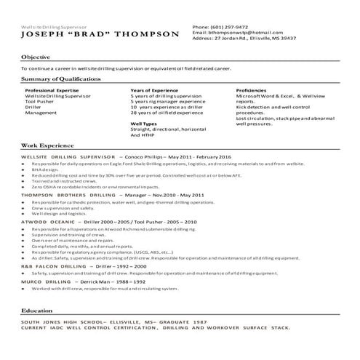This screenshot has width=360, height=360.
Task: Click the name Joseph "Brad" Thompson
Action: click(x=100, y=34)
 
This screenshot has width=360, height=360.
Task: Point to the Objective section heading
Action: click(x=36, y=56)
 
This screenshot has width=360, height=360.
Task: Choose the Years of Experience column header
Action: click(x=155, y=90)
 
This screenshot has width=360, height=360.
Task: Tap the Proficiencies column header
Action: click(x=255, y=90)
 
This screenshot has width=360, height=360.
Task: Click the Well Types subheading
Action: click(x=145, y=124)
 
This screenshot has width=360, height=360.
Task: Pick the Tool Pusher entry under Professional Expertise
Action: click(x=39, y=102)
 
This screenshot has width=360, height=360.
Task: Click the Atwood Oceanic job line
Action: click(x=109, y=221)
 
